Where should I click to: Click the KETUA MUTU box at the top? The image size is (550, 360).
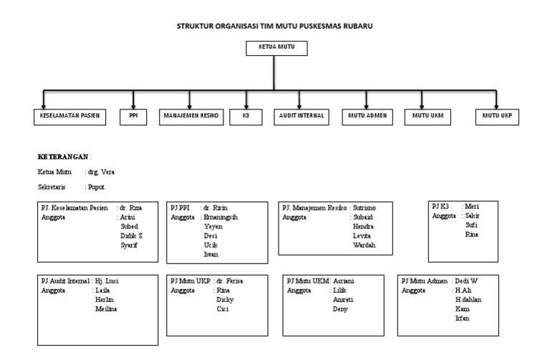[276, 49]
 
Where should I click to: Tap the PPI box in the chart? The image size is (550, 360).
[132, 116]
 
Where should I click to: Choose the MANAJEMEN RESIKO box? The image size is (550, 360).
[191, 116]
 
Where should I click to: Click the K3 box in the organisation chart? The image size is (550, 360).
[246, 116]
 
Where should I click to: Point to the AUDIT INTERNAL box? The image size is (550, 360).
[301, 116]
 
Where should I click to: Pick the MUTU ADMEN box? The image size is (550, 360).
[367, 116]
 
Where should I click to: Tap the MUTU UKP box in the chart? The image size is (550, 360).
[497, 116]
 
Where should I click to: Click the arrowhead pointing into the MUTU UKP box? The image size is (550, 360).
[497, 104]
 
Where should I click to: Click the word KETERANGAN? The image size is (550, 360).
[63, 157]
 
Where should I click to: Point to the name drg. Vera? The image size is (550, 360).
[100, 172]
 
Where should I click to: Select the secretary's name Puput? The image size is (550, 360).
[97, 187]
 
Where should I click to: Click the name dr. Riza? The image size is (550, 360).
[130, 208]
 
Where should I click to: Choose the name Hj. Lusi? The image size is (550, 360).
[107, 281]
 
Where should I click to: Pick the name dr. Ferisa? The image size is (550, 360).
[230, 281]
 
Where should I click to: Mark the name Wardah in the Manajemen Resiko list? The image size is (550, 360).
[363, 245]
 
